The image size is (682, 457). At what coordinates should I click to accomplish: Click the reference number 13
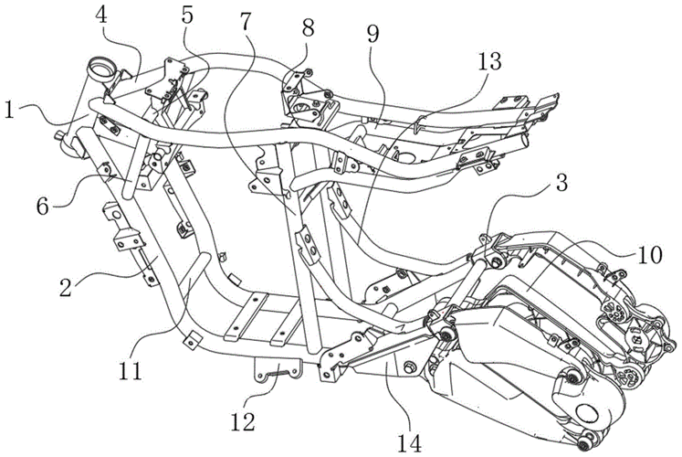pos(488,63)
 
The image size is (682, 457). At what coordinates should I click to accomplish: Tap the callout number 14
pos(409,418)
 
